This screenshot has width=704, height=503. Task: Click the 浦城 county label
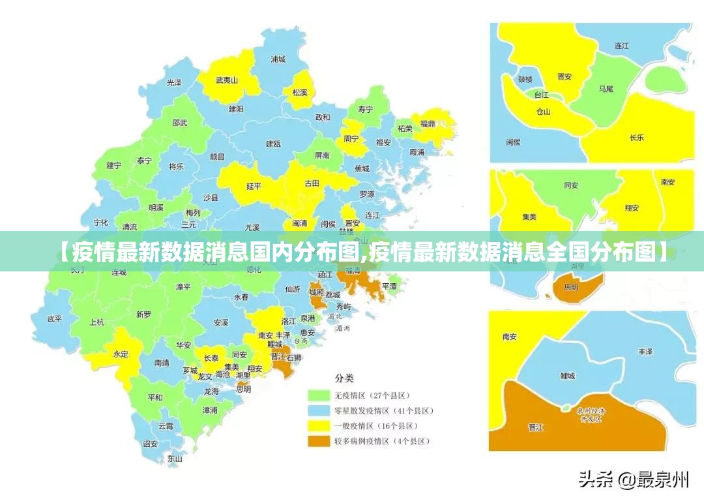[278, 59]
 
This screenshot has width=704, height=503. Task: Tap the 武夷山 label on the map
[227, 80]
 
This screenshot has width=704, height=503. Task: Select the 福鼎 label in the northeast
[428, 123]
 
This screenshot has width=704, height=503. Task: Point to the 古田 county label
[312, 183]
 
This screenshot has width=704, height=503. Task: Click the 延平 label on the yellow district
[254, 186]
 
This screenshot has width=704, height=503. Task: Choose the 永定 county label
[121, 354]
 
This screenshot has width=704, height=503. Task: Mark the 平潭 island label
[389, 286]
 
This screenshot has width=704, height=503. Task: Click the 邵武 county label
[180, 123]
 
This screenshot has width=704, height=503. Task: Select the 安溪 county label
[221, 322]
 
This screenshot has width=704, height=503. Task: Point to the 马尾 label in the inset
[606, 88]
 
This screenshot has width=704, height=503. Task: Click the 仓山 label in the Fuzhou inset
[543, 111]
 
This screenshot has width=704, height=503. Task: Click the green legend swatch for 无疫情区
[318, 395]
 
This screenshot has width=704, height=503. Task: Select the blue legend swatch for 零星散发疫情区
[318, 411]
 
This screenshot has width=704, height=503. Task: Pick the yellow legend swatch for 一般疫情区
[318, 426]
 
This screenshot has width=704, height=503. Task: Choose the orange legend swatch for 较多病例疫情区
[318, 442]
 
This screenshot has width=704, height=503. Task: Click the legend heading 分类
[344, 378]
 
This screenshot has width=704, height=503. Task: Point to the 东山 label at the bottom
[174, 458]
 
